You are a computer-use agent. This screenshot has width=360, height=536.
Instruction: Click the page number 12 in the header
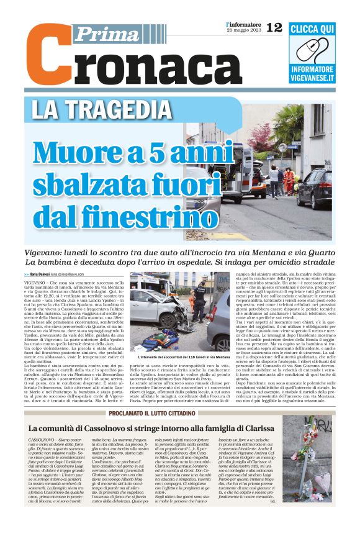(x=274, y=27)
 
